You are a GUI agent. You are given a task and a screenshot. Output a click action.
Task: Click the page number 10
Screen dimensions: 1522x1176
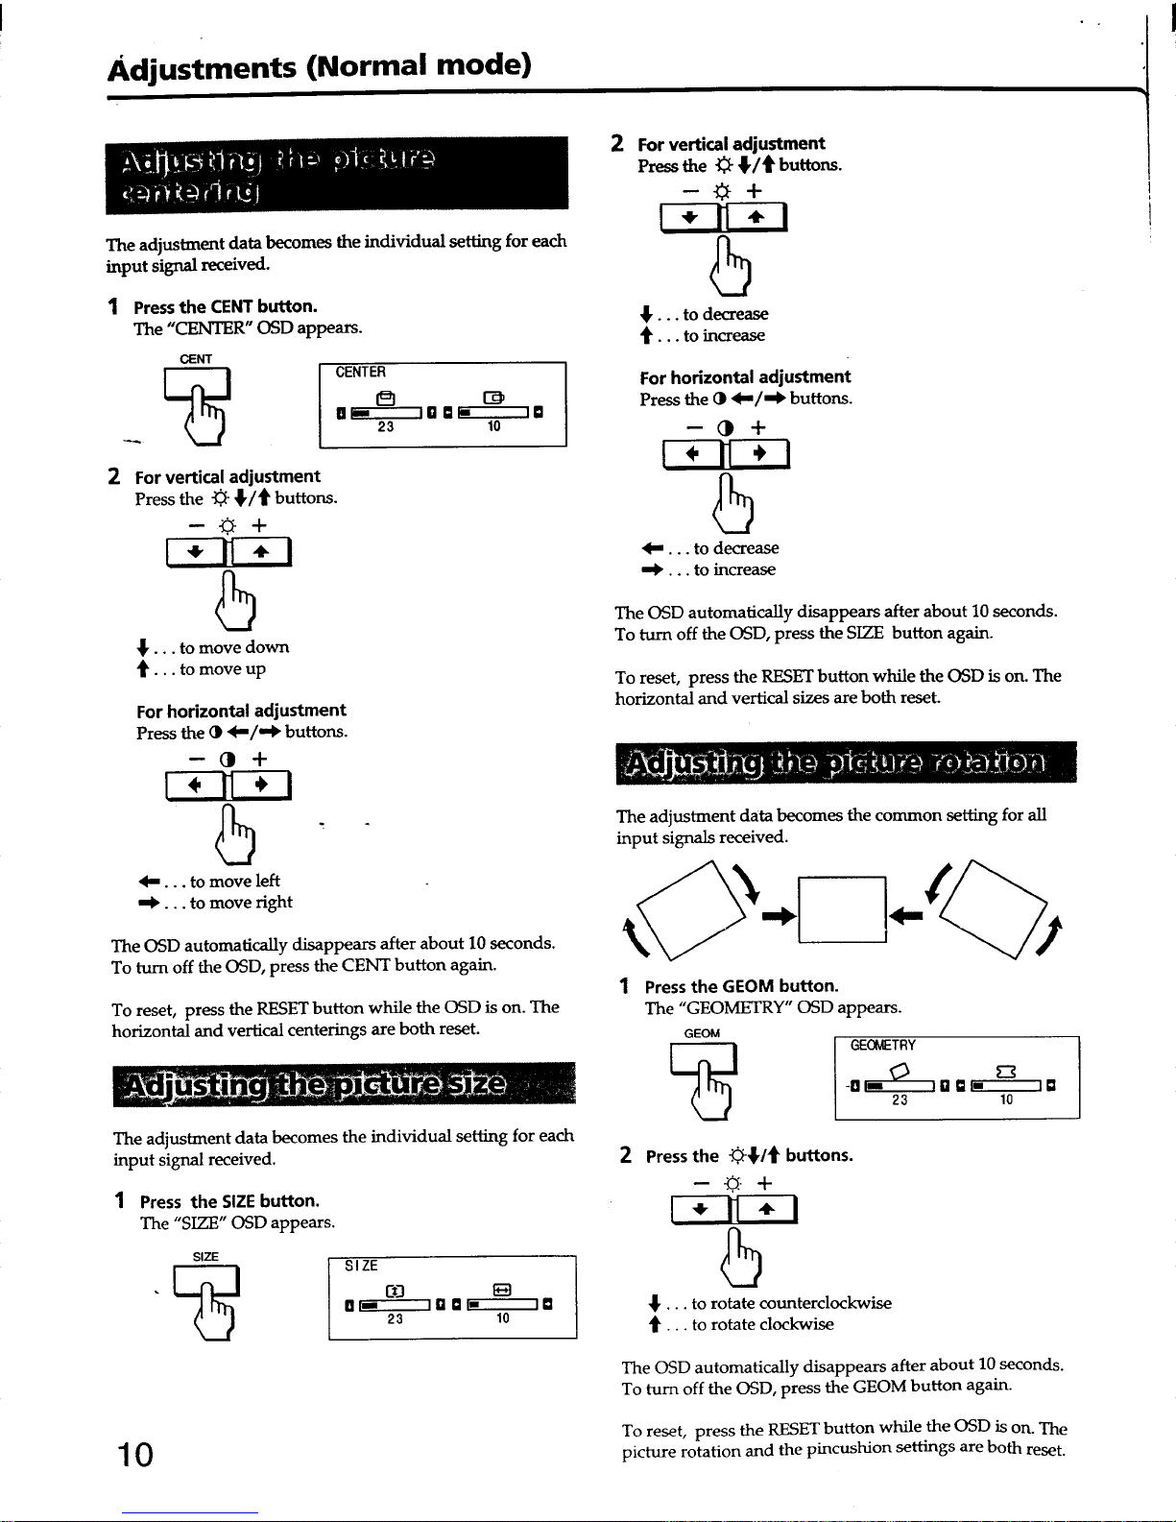tap(135, 1454)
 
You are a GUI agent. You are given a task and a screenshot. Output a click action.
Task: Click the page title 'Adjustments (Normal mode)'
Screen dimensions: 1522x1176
tap(320, 66)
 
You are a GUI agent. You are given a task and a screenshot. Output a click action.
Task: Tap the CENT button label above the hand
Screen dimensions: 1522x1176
tap(196, 359)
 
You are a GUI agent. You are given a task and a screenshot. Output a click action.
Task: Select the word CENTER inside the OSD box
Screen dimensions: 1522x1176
tap(360, 373)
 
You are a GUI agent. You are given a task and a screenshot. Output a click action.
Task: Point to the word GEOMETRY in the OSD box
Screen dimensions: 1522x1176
tap(883, 1046)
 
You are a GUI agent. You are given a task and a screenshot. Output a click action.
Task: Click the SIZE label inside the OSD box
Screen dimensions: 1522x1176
tap(361, 1266)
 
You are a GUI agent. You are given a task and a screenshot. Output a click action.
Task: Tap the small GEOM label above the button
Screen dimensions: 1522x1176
tap(702, 1033)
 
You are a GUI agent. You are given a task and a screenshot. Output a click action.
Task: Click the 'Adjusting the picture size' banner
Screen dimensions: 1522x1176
tap(343, 1085)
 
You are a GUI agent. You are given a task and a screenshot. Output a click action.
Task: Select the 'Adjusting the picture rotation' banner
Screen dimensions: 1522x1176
tap(845, 763)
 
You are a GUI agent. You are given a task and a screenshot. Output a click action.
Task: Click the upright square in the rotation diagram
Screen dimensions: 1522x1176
tap(842, 908)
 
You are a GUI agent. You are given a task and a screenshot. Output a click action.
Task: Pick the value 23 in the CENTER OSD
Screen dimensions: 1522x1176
tap(385, 427)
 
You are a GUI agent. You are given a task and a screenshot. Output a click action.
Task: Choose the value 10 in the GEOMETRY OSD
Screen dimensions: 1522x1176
tap(1006, 1100)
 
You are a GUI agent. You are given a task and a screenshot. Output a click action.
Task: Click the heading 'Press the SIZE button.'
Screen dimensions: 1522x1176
tap(229, 1201)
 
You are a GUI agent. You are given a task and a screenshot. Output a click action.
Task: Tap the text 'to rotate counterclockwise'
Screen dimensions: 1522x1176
tap(791, 1303)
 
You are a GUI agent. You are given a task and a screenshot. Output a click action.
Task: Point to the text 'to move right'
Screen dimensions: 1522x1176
tap(241, 903)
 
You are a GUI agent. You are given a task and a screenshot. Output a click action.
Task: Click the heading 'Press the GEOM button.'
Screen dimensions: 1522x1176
tap(741, 986)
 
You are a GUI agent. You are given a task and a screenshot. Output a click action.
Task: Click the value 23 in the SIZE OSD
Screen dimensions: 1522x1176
tap(395, 1319)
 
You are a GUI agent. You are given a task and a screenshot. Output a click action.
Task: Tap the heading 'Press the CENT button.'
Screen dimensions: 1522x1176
tap(225, 306)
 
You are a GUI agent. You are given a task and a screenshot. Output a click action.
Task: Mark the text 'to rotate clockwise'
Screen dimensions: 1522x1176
tap(762, 1324)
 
